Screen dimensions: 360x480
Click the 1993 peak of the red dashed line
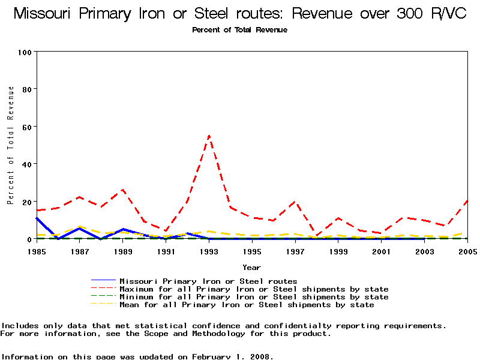tap(209, 136)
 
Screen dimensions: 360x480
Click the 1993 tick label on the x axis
tap(209, 251)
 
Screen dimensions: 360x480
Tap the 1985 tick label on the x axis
tap(37, 251)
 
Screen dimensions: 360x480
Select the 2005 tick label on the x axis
tap(467, 251)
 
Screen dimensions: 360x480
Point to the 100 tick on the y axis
tap(25, 52)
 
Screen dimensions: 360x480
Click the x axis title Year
tap(251, 267)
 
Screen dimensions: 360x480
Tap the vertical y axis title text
tap(11, 145)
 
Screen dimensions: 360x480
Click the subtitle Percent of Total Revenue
tap(239, 30)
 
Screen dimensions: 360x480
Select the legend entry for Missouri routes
tap(208, 281)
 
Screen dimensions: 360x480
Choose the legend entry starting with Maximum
tap(253, 289)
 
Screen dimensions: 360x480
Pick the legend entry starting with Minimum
tap(253, 297)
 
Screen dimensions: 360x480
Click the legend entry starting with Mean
tap(246, 305)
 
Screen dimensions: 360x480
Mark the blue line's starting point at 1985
tap(37, 218)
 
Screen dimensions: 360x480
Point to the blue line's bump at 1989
tap(123, 229)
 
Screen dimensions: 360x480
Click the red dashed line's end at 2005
tap(467, 201)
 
